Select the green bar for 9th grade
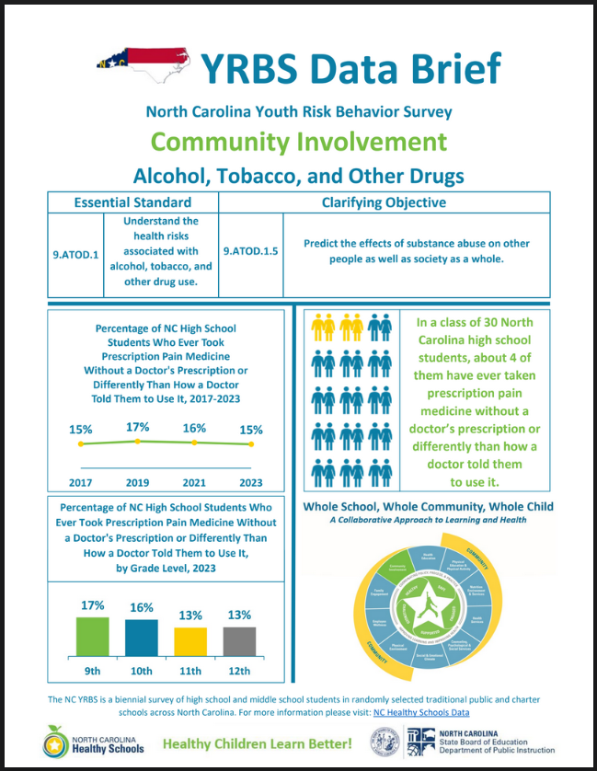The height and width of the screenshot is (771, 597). point(91,636)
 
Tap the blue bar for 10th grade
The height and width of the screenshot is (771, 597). point(141,637)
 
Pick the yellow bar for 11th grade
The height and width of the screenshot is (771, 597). point(191,641)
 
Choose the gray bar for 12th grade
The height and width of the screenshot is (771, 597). point(239,641)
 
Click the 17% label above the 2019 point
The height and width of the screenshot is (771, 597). point(137,426)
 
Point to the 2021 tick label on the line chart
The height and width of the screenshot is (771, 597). point(194,481)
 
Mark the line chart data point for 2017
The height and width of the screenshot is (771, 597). point(81,444)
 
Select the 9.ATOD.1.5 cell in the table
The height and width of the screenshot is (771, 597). point(250,250)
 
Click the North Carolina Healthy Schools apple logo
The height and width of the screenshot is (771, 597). point(54,742)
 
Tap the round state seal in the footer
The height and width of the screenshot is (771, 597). point(385,742)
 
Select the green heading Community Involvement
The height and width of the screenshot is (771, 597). point(298,142)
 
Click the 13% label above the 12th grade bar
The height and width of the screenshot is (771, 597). point(239,615)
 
